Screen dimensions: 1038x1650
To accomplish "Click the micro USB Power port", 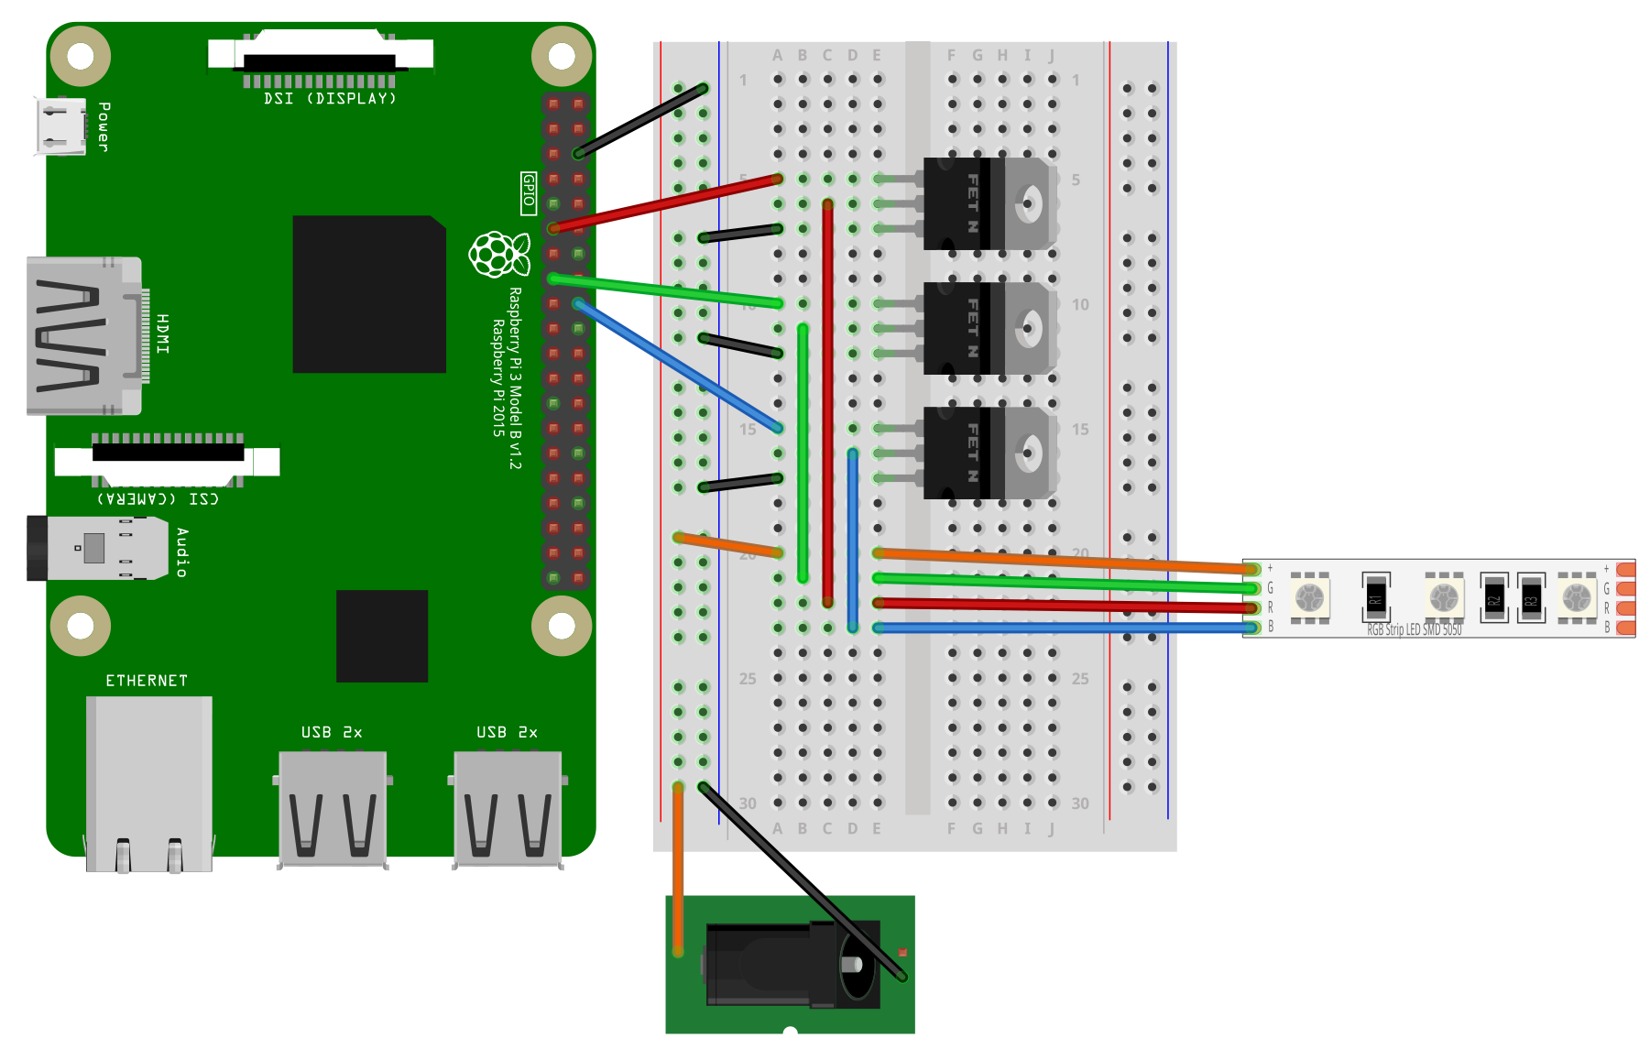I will (x=60, y=126).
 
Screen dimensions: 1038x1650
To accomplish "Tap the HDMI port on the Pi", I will (x=84, y=335).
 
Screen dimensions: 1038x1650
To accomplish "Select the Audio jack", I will (x=96, y=548).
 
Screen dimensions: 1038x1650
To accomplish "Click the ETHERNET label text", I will (x=147, y=681).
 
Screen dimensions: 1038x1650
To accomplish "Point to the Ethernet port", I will (x=149, y=783).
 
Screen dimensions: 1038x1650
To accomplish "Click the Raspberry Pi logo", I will (x=499, y=254).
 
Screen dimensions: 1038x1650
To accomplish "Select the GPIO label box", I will (x=529, y=193).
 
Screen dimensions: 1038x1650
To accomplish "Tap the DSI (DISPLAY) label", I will (x=330, y=98).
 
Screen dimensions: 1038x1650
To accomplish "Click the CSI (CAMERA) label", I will (x=158, y=498).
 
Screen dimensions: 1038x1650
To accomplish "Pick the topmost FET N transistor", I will (x=989, y=203).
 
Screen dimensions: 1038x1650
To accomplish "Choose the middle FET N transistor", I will (x=989, y=328).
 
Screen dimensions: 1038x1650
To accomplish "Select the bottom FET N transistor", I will (x=989, y=453).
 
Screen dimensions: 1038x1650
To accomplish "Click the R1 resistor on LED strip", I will (x=1375, y=596).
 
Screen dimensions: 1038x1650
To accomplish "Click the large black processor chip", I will (x=369, y=294).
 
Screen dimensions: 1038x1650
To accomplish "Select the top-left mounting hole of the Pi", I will (x=81, y=57).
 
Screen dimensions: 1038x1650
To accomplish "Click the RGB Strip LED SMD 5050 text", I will (x=1414, y=630).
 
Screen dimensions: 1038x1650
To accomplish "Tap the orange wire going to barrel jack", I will (x=678, y=870).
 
